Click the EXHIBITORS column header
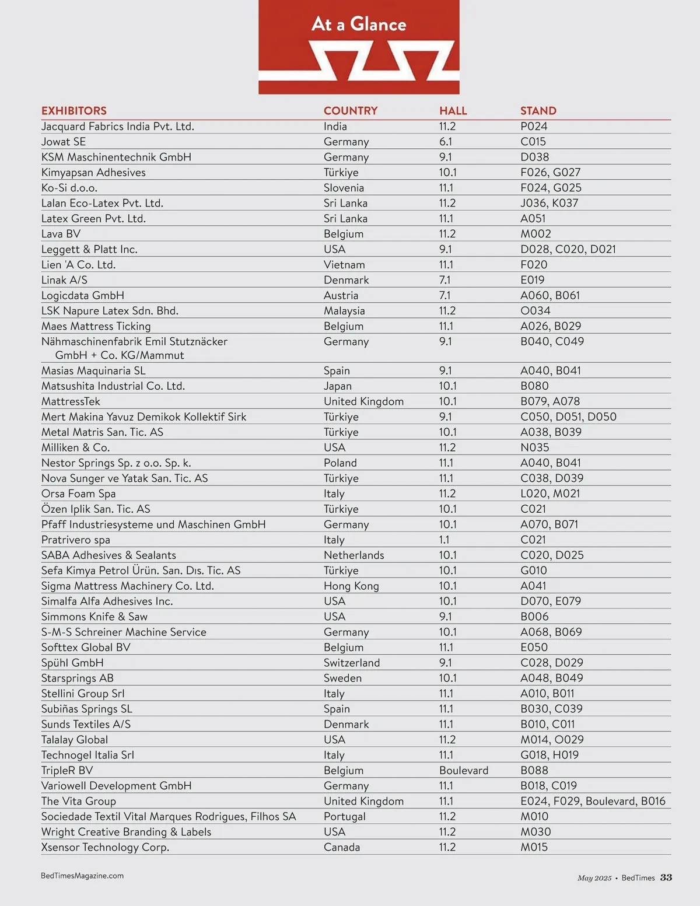click(x=73, y=111)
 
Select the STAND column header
click(x=538, y=111)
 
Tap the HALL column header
click(x=453, y=111)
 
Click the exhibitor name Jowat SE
click(x=63, y=142)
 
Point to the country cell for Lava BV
click(x=343, y=234)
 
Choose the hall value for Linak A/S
click(x=444, y=280)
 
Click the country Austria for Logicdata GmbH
click(x=341, y=296)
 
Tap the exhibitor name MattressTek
click(x=71, y=401)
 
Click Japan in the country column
click(x=337, y=386)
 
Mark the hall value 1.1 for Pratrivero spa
click(x=444, y=540)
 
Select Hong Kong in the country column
click(x=351, y=586)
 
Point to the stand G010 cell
click(x=533, y=571)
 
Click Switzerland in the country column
click(x=351, y=663)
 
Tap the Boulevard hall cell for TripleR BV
click(x=463, y=771)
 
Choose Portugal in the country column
click(x=344, y=817)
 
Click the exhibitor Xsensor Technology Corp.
click(x=105, y=848)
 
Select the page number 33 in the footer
click(x=666, y=878)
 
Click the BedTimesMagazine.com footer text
click(x=82, y=876)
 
